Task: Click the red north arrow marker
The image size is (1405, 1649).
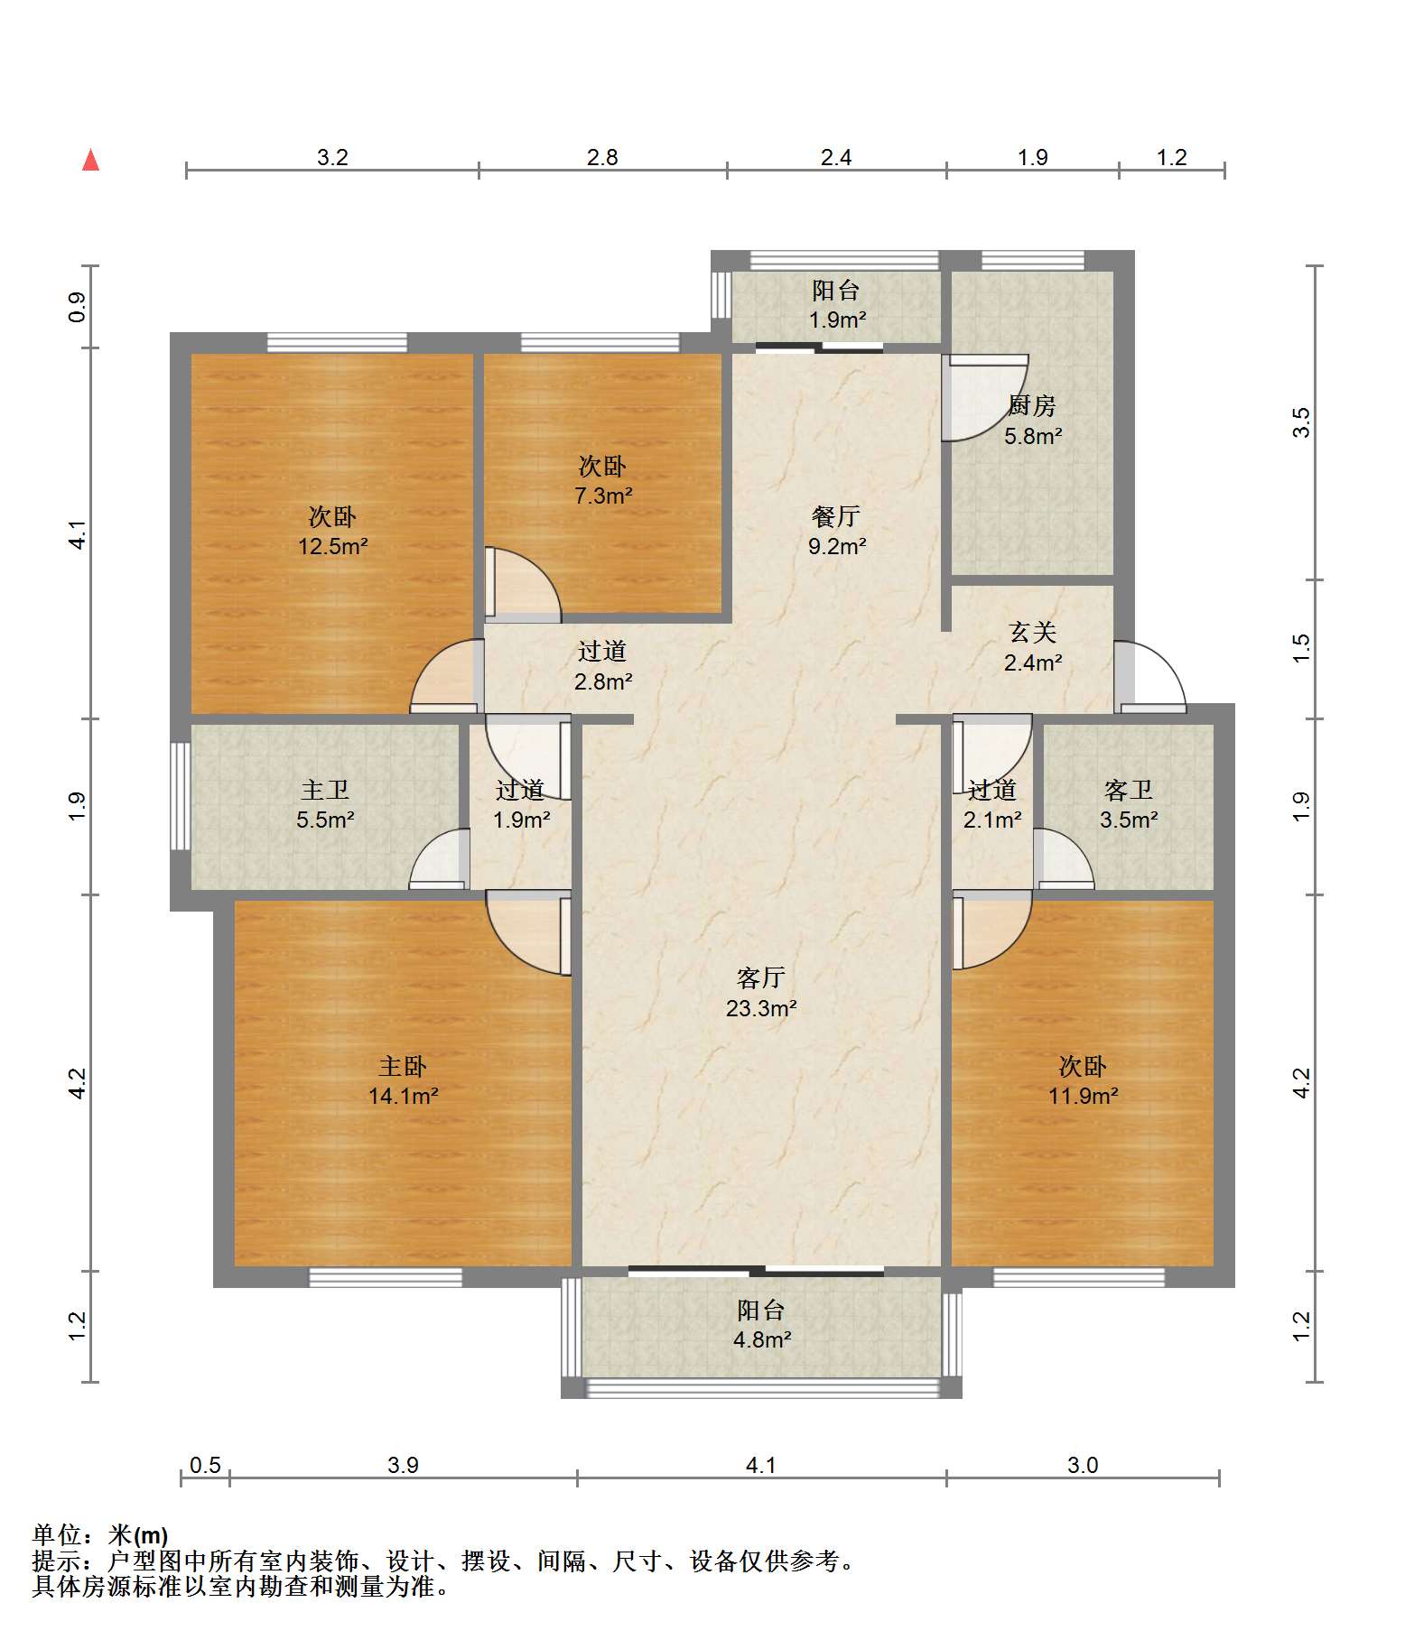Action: tap(90, 160)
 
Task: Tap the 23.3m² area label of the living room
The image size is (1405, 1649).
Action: tap(761, 1008)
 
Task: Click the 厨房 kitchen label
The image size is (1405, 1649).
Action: tap(1032, 406)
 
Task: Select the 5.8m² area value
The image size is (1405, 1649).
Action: tap(1033, 436)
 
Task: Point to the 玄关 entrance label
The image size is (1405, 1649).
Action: tap(1032, 633)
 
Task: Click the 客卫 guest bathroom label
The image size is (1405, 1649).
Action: tap(1128, 791)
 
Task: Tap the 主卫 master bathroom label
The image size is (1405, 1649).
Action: tap(325, 791)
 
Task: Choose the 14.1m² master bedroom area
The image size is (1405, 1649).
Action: tap(403, 1096)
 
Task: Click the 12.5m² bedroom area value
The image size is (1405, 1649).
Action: tap(332, 546)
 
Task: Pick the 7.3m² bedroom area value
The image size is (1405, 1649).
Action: tap(603, 496)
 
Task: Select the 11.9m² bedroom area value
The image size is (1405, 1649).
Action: tap(1083, 1096)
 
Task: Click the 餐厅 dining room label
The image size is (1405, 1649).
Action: tap(836, 516)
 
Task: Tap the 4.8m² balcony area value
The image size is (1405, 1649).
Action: tap(762, 1339)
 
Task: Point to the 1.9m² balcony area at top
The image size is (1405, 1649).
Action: tap(837, 320)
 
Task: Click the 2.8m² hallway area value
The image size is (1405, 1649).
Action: tap(603, 681)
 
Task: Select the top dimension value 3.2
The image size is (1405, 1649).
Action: tap(332, 157)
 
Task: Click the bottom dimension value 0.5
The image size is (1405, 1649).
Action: tap(205, 1465)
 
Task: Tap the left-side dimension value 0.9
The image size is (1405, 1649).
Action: tap(78, 307)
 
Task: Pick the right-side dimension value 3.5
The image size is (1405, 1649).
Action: tap(1301, 422)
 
